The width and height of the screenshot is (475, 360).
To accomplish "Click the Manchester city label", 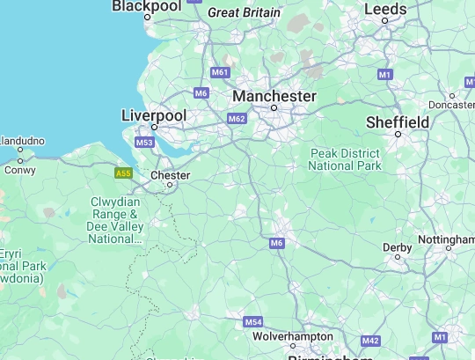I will tap(274, 95).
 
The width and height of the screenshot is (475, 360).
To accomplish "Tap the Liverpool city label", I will tap(154, 115).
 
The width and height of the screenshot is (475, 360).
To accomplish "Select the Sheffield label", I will tap(398, 121).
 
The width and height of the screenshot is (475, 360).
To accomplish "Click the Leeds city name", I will tap(385, 10).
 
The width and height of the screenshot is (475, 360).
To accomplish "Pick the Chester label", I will tap(171, 175).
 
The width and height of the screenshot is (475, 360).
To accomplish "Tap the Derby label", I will tap(398, 247).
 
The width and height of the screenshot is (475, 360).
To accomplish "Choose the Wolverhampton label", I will tap(293, 337).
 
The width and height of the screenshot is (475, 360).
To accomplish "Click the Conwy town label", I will tap(20, 171).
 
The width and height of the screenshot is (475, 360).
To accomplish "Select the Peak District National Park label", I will tap(346, 159).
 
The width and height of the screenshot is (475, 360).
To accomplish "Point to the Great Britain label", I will tap(244, 13).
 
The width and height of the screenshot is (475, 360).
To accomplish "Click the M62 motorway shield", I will tap(237, 119).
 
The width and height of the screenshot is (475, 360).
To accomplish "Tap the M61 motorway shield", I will tap(220, 72).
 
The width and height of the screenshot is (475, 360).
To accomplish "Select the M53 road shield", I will tap(145, 143).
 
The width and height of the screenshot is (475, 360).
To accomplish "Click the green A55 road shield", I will tap(123, 173).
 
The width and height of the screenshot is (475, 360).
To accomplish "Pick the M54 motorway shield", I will tap(253, 322).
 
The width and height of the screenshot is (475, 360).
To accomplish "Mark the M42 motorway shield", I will tap(370, 341).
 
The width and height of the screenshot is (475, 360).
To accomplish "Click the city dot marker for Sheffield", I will tap(398, 134).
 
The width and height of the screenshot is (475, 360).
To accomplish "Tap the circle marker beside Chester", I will tap(171, 185).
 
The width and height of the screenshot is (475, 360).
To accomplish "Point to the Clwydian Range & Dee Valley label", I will tap(115, 220).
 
